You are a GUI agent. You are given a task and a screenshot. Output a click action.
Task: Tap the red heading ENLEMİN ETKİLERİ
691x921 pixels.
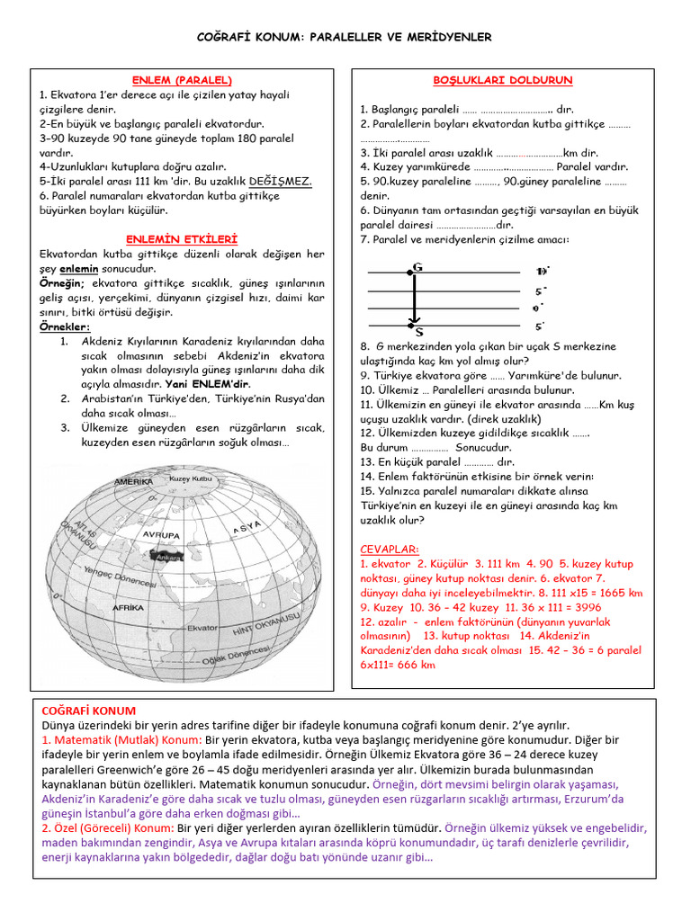(182, 239)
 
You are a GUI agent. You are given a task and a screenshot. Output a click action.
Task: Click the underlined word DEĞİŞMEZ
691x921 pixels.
(281, 181)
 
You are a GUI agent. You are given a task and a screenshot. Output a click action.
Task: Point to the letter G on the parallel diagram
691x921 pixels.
(417, 266)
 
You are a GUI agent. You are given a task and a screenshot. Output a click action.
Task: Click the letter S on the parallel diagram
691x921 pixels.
(419, 330)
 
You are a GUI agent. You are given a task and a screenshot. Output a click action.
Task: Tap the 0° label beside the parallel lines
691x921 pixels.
(537, 308)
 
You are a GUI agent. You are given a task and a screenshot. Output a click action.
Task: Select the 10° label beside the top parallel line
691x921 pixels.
(541, 271)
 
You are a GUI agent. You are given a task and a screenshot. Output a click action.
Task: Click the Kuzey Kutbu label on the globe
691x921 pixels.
(190, 479)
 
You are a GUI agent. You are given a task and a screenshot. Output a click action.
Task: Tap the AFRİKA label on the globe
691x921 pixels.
(128, 608)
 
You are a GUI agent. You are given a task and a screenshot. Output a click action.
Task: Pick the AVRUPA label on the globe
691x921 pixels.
(161, 534)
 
